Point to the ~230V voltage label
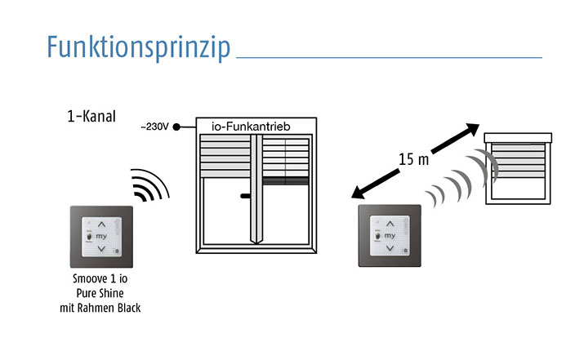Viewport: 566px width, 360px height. (154, 127)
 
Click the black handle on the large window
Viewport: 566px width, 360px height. (246, 197)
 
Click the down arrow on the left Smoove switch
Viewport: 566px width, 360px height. (101, 247)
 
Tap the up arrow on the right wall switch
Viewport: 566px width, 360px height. (390, 222)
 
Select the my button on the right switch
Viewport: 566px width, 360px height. (390, 234)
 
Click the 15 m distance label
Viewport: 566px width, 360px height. (413, 159)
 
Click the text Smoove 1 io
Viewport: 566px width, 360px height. (102, 278)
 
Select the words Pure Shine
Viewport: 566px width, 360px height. (102, 292)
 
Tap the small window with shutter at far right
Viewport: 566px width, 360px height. (515, 167)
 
